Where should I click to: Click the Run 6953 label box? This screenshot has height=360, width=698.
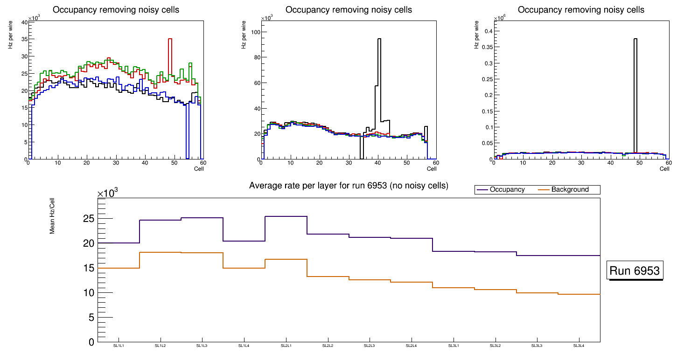point(635,271)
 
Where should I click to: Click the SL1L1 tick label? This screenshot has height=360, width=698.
point(119,346)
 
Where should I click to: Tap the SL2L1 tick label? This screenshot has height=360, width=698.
point(286,346)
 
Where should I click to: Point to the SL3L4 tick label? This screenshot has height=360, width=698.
point(579,346)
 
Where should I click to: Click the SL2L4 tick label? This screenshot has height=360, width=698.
point(412,346)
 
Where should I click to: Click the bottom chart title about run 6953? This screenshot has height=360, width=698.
point(349,186)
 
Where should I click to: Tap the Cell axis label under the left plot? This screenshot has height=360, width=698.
point(199,168)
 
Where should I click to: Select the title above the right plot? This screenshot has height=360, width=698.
point(581,10)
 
